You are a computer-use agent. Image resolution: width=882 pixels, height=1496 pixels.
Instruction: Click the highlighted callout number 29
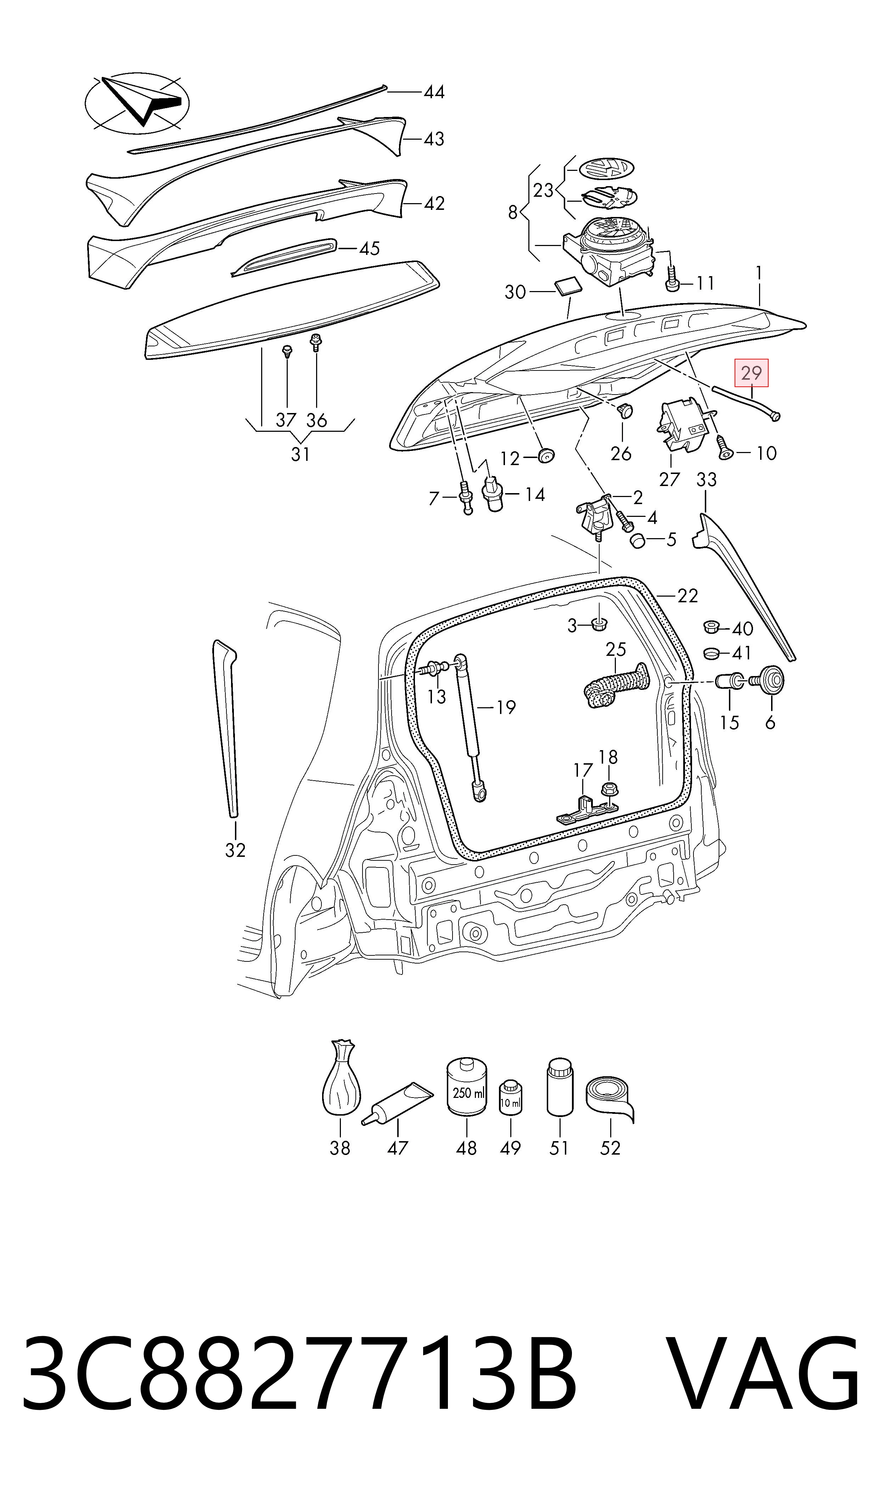coord(752,373)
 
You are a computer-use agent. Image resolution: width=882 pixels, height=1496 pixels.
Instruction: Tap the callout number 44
coord(434,92)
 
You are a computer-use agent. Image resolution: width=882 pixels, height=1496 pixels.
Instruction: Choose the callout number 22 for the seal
coord(688,596)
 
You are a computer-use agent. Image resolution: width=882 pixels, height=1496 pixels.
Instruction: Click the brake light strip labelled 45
coord(284,257)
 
